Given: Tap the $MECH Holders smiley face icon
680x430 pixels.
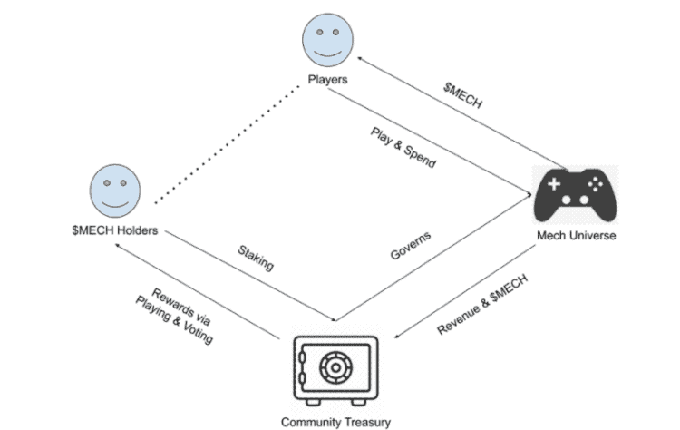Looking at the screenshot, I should click(x=114, y=190).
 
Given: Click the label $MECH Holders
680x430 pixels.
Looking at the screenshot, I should click(x=115, y=230).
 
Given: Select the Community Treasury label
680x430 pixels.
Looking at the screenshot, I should click(x=335, y=422).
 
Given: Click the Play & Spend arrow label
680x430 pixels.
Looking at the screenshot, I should click(x=403, y=147).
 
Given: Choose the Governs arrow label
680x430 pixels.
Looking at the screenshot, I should click(x=411, y=246).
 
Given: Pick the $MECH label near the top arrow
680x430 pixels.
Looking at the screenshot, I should click(x=462, y=92).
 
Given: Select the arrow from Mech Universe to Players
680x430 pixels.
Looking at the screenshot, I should click(x=462, y=113).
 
